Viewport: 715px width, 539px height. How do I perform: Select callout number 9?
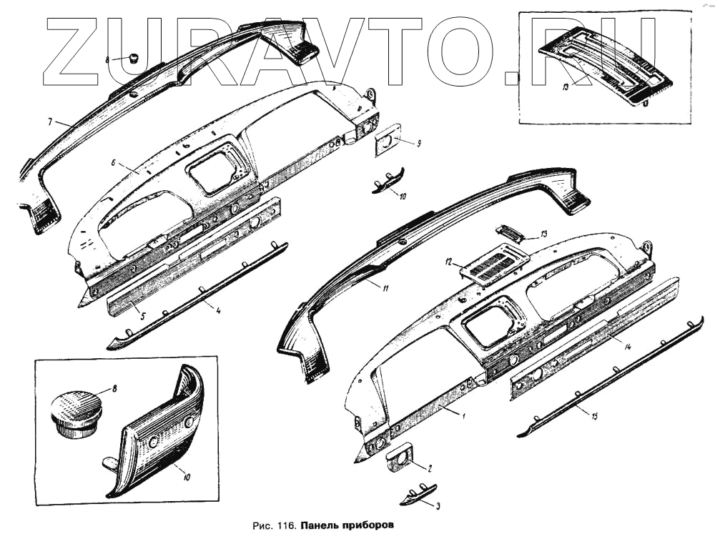[x=418, y=144]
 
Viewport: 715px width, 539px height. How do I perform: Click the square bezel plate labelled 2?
[x=403, y=460]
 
